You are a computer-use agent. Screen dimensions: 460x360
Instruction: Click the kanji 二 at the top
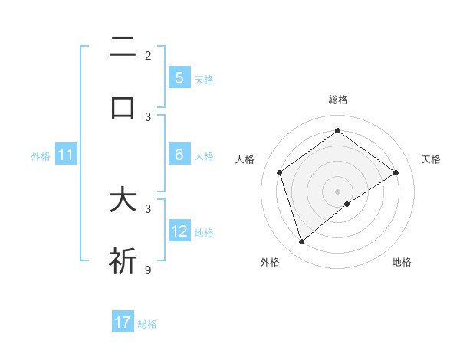coord(123,48)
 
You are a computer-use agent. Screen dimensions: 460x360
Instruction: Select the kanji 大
coord(123,201)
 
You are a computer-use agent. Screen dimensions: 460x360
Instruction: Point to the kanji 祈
coord(123,260)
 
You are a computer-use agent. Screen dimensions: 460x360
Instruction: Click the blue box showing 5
coord(179,77)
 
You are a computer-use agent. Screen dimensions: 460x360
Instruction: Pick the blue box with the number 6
coord(179,154)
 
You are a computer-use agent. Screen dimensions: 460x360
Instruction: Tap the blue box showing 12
coord(179,231)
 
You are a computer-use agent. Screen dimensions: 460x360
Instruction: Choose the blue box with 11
coord(66,155)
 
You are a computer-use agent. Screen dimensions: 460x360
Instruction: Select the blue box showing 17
coord(123,322)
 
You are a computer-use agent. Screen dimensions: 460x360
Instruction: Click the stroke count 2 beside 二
coord(148,55)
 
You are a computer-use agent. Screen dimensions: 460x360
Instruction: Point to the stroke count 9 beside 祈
coord(148,269)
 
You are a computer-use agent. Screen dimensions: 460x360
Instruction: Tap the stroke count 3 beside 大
coord(148,208)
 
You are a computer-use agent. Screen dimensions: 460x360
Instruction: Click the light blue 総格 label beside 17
coord(147,324)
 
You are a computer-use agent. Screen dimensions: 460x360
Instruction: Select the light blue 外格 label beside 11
coord(41,156)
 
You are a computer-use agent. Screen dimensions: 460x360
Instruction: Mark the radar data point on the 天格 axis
coord(396,172)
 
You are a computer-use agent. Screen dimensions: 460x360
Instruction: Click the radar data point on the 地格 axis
coord(348,204)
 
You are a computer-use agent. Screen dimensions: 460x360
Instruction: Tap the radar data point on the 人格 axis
coord(280,172)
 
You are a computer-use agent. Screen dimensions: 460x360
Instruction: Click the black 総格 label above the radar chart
coord(338,100)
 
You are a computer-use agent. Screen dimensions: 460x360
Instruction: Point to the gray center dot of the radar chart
coord(338,191)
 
